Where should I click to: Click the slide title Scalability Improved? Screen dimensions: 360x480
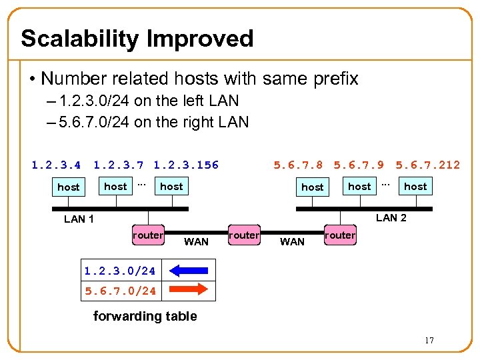[x=137, y=39]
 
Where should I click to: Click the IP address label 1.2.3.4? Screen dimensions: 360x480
[x=56, y=165]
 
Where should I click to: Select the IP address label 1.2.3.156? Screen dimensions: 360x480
[x=186, y=165]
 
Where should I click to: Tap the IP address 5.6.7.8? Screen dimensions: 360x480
[x=298, y=165]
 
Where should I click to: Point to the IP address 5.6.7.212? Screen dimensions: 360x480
[x=427, y=165]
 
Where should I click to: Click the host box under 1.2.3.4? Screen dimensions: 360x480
[x=69, y=187]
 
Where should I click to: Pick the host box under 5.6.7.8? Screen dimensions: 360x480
[x=312, y=187]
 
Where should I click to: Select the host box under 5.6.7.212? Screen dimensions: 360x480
[x=415, y=187]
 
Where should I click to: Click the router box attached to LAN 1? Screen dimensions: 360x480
[x=147, y=235]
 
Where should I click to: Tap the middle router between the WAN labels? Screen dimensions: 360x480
[x=243, y=235]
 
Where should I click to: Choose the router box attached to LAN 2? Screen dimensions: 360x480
[x=340, y=235]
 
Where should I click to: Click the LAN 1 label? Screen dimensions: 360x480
[x=79, y=219]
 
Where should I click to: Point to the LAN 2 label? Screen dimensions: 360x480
[x=391, y=217]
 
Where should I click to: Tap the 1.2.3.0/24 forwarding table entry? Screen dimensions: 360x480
[x=120, y=271]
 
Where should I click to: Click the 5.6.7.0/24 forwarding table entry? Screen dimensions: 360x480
[x=120, y=291]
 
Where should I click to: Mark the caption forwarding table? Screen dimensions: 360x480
[x=145, y=316]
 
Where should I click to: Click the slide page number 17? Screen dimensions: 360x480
[x=429, y=341]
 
